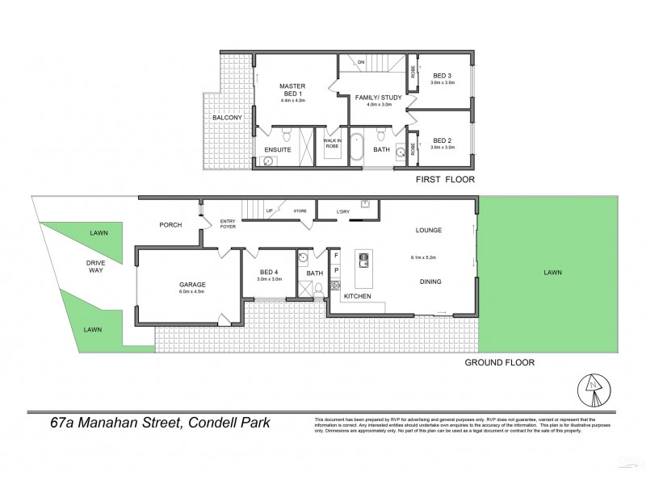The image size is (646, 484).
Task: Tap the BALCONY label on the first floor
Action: click(x=227, y=118)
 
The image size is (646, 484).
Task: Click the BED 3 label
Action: click(x=443, y=75)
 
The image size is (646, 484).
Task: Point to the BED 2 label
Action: click(x=443, y=140)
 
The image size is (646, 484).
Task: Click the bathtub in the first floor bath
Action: click(x=357, y=147)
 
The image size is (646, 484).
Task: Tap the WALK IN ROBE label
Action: click(x=331, y=144)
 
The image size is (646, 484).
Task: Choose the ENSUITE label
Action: click(x=278, y=149)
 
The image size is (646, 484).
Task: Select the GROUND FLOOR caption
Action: click(x=500, y=363)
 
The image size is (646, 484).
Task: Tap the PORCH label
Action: click(x=170, y=225)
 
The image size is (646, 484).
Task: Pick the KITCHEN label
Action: click(x=359, y=298)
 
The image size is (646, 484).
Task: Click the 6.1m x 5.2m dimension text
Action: click(x=427, y=258)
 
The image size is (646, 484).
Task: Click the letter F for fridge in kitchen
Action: click(x=336, y=255)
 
